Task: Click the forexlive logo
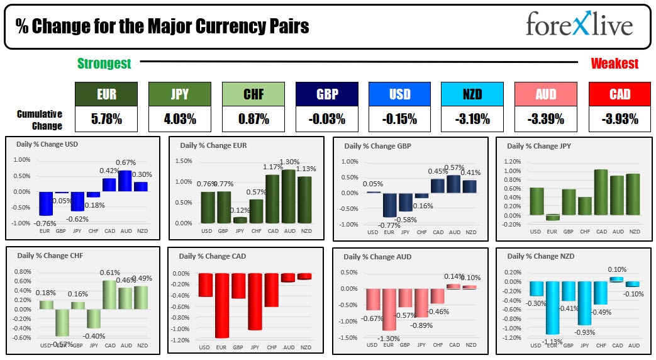point(579,26)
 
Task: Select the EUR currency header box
point(106,94)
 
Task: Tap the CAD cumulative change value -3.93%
point(619,118)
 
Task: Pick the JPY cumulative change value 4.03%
point(180,118)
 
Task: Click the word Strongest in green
point(104,64)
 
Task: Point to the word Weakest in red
point(614,64)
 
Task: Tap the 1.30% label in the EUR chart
point(289,162)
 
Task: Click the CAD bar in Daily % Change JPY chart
point(601,193)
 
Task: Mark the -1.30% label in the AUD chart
point(389,339)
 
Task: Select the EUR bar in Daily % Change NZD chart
point(553,307)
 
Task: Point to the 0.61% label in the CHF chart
point(110,273)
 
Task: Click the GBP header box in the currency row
point(327,94)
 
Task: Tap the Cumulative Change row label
point(40,120)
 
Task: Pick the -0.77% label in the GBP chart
point(388,225)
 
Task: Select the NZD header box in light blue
point(472,94)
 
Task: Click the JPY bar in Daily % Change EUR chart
point(240,220)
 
